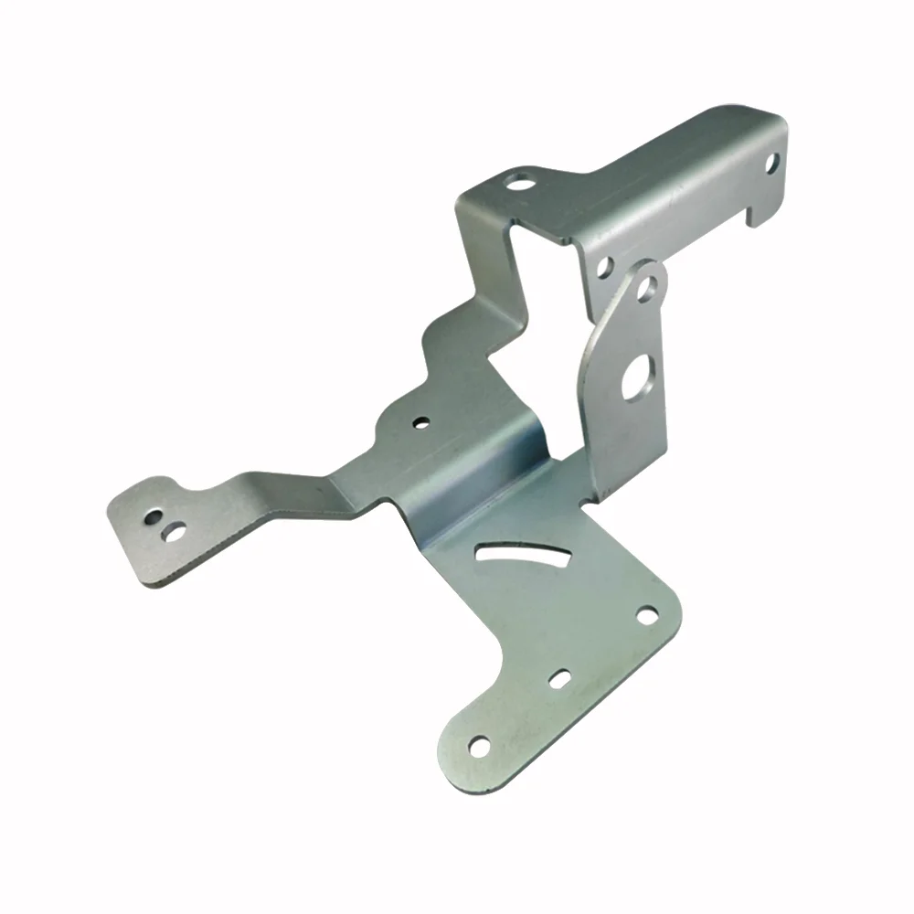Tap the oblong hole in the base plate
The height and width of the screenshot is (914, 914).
559,679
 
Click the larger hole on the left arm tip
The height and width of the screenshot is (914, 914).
171,529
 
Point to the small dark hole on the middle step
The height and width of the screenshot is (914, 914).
420,422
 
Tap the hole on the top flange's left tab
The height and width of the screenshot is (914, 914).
520,181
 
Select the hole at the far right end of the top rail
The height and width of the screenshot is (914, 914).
773,164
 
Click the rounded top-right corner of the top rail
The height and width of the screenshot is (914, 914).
773,123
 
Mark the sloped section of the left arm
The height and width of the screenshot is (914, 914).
274,498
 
